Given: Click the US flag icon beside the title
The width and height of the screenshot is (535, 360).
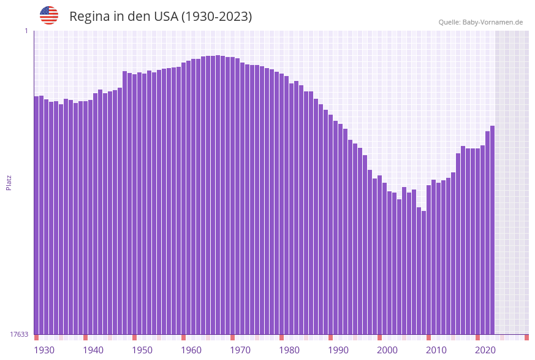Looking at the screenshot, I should click(49, 15).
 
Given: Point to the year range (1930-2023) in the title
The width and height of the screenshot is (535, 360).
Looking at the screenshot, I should click(216, 17).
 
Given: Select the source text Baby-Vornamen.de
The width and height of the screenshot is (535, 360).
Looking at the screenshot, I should click(493, 22).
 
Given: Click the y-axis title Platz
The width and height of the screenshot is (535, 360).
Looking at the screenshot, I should click(9, 182).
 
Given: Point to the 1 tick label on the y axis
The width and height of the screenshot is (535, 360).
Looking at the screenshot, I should click(26, 31).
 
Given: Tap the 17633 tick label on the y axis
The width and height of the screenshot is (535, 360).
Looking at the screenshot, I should click(19, 334).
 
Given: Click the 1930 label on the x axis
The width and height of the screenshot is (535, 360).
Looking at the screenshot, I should click(44, 350).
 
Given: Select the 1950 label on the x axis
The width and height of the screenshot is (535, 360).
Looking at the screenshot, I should click(142, 350).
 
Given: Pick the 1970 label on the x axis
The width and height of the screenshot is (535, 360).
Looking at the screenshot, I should click(240, 350).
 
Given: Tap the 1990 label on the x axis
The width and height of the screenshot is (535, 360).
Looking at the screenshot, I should click(338, 350).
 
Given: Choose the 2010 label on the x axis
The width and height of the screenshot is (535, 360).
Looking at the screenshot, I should click(436, 350).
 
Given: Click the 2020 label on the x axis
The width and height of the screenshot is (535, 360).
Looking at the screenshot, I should click(485, 350).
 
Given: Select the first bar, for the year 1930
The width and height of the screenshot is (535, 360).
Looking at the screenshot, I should click(37, 215).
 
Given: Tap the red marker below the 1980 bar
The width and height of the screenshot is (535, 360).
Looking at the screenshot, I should click(282, 337).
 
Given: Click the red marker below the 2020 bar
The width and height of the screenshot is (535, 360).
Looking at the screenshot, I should click(478, 337).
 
